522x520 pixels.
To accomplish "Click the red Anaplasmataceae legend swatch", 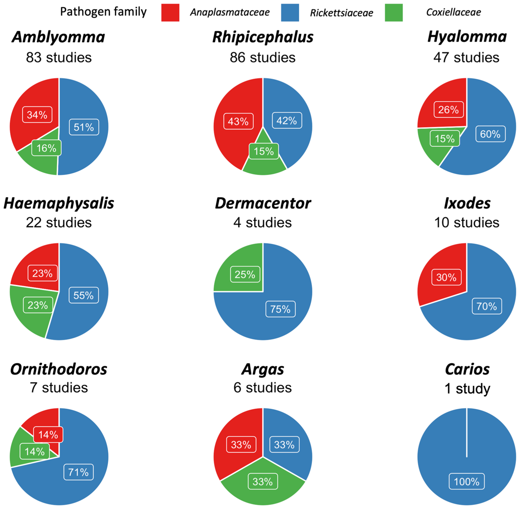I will click(x=170, y=12).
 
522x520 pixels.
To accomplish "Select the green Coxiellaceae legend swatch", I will click(x=394, y=12).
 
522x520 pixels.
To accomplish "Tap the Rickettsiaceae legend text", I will click(x=341, y=13).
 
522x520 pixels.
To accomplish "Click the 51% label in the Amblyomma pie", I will click(x=84, y=127).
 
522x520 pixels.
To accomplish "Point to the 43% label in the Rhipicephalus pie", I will click(x=238, y=121).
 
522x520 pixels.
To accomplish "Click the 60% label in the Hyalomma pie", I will click(x=490, y=134).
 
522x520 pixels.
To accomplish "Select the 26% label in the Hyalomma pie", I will click(x=448, y=110).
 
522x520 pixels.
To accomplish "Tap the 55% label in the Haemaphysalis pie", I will click(x=84, y=295).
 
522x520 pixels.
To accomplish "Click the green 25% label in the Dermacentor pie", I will click(x=245, y=274).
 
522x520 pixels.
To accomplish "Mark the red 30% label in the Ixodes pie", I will click(x=446, y=277).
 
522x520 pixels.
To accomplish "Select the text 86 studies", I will click(x=263, y=57).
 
